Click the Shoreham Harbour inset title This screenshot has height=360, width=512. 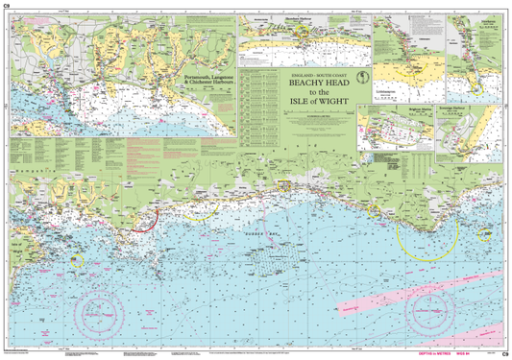[306, 18]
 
